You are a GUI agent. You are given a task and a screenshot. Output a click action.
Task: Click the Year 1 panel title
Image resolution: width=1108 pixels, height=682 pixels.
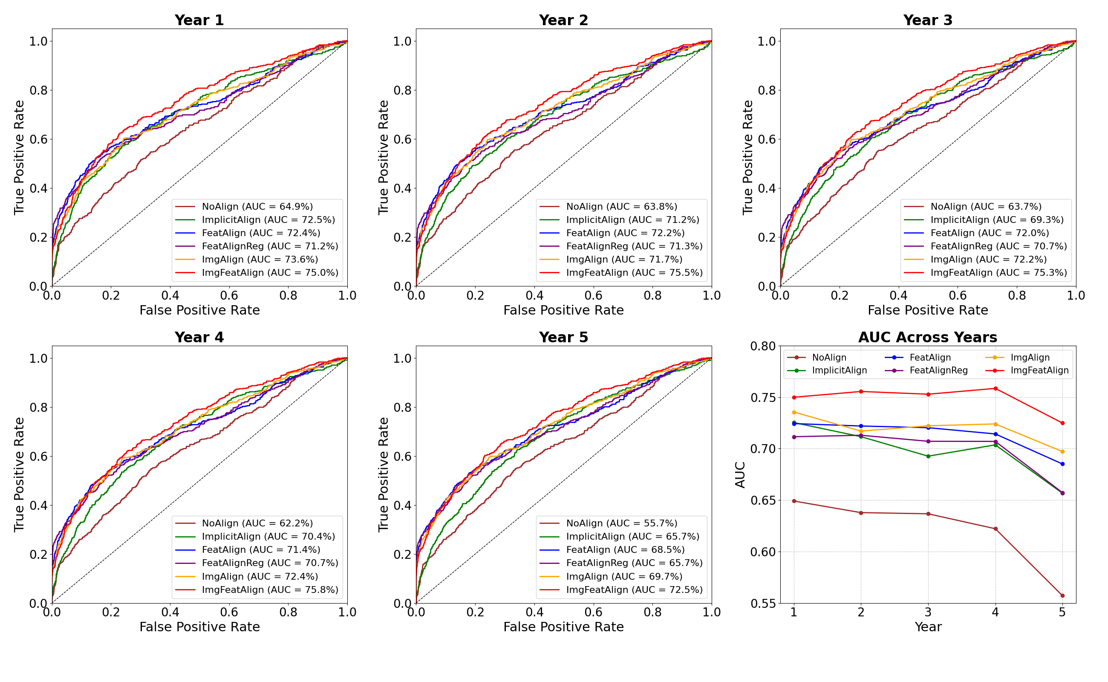199,20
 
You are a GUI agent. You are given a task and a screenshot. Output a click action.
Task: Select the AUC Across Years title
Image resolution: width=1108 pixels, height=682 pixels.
927,338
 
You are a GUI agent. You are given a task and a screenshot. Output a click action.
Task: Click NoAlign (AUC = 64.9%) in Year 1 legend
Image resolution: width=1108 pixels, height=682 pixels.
257,207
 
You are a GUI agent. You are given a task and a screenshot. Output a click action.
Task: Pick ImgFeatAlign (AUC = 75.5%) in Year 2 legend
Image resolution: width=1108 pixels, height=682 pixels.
634,273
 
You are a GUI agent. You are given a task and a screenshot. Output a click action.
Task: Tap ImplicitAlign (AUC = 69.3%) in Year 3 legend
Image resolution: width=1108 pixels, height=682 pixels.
997,220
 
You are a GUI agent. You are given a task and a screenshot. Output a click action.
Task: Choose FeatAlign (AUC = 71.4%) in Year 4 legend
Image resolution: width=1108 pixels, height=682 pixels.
261,550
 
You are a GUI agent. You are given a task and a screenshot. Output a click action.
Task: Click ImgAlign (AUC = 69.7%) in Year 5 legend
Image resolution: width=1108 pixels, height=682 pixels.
624,576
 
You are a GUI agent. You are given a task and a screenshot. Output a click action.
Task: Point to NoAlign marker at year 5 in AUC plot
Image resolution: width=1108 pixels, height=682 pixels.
1062,596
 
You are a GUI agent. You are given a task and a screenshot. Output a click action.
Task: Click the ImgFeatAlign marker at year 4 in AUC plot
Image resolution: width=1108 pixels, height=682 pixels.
995,389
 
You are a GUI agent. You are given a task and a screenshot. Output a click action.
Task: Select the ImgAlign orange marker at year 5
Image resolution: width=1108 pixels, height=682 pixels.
1062,452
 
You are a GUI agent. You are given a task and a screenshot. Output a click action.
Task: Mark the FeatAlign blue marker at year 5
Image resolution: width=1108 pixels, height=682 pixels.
1062,464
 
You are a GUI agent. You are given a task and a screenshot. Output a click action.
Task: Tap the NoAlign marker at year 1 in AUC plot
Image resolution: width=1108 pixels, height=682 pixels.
793,501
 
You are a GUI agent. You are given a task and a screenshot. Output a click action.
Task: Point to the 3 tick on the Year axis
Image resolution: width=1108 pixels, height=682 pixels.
928,613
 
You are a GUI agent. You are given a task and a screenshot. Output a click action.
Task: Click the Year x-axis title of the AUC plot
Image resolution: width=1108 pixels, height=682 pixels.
928,627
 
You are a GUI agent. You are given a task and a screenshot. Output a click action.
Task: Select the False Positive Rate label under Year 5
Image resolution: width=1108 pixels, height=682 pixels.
563,627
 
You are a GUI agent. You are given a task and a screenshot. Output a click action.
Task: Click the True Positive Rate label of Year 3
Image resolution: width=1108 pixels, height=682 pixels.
747,157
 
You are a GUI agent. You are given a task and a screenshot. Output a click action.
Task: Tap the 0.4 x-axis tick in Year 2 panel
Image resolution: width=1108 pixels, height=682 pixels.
534,296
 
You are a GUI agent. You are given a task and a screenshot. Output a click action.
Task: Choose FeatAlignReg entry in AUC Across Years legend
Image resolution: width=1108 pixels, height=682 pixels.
938,371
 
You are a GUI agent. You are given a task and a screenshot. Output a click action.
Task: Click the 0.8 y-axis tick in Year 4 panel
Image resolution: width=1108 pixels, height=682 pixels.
38,407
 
